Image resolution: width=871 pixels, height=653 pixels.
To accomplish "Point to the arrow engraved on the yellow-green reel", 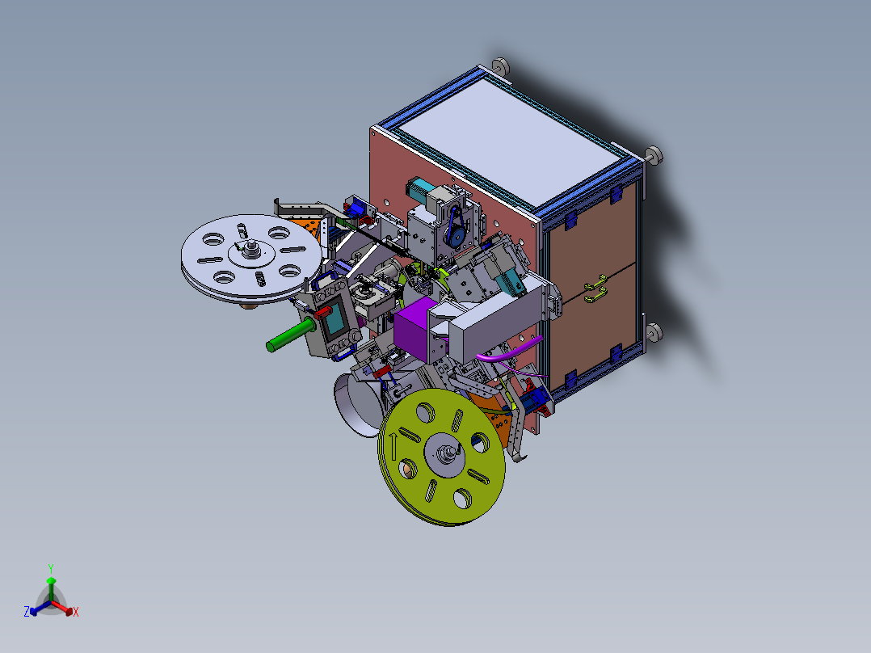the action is pos(393,447).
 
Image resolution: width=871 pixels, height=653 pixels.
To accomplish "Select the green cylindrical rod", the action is pos(291,335).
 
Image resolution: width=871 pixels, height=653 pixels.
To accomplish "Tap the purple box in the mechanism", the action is pos(414,328).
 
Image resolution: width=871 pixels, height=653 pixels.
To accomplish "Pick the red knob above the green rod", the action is pos(322,313).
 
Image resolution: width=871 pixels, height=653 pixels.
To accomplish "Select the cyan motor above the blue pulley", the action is pos(420,188).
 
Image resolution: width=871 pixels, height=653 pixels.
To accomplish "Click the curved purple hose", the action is pos(508,351).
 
